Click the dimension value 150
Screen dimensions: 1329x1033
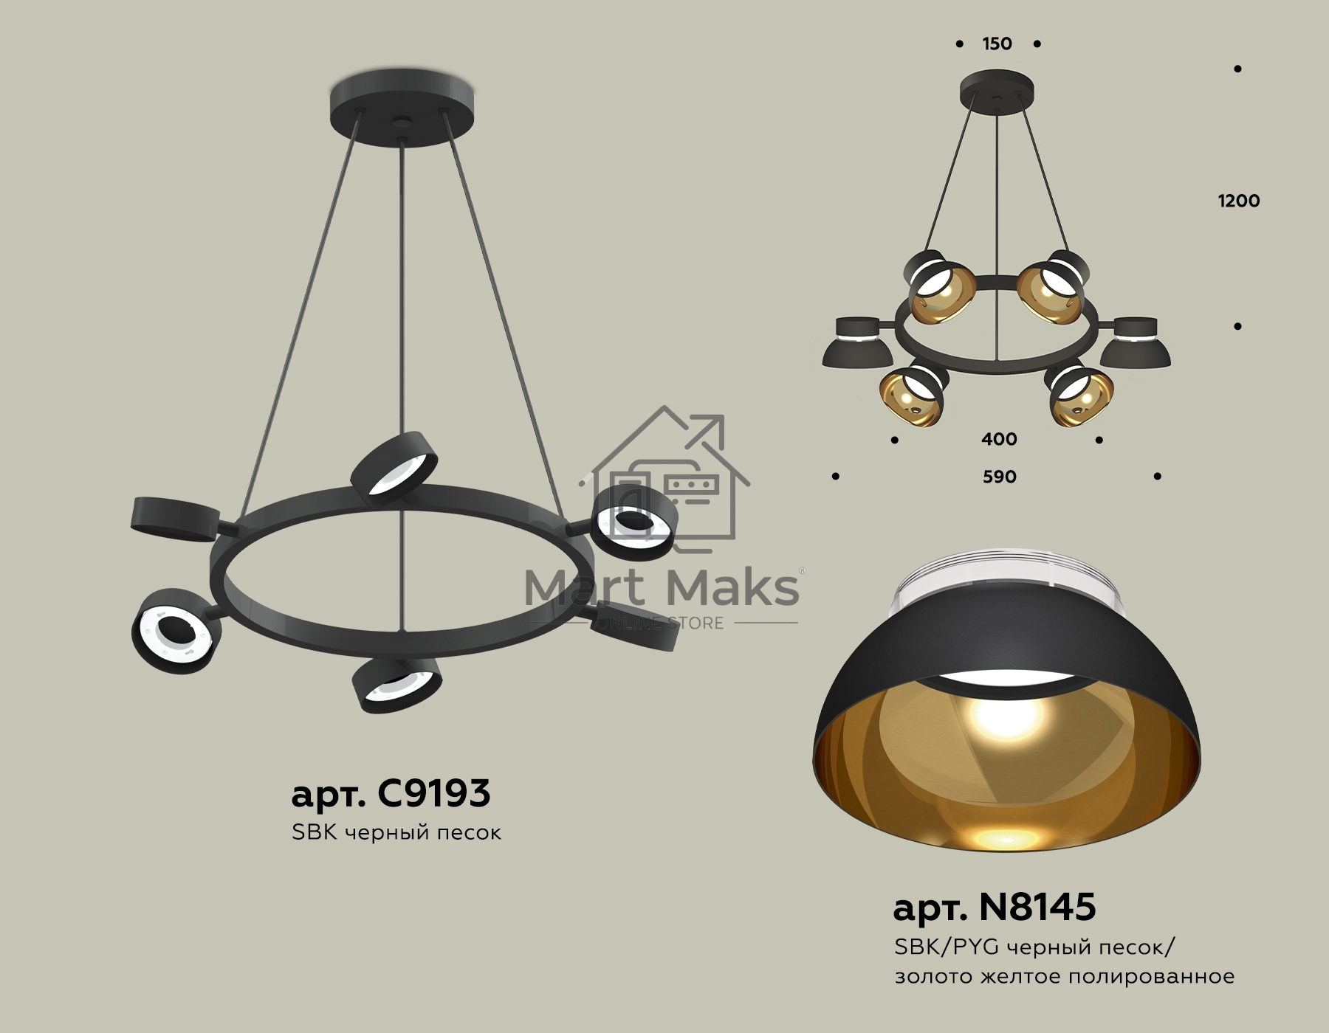coord(997,44)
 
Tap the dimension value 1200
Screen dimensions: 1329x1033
coord(1238,201)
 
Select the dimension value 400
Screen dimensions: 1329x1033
coord(999,439)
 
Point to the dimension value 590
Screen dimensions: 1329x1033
coord(999,477)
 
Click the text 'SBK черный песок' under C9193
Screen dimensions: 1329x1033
coord(396,832)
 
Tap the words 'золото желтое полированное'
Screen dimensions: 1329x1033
coord(1064,976)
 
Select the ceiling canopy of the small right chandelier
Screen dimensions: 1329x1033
coord(997,91)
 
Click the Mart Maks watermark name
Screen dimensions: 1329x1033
coord(662,588)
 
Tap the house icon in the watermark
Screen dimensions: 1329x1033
coord(664,480)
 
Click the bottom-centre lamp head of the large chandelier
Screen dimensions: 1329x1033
coord(397,684)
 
